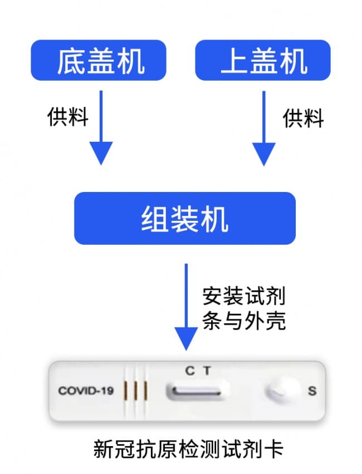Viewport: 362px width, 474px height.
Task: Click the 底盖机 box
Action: [99, 60]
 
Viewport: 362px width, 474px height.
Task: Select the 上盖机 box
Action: [263, 60]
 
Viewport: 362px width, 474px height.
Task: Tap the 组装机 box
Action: [185, 218]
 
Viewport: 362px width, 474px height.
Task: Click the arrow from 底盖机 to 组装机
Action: [101, 127]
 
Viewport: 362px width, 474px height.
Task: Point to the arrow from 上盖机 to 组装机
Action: [264, 128]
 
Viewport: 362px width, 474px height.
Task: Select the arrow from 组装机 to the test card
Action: [186, 307]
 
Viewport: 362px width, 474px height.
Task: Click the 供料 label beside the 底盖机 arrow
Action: [68, 116]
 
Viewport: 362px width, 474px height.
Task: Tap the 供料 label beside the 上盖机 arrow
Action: [304, 118]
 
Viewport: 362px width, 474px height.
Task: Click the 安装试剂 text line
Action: [244, 296]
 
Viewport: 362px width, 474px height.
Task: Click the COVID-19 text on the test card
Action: [86, 391]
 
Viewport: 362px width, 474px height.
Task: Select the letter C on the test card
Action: [190, 371]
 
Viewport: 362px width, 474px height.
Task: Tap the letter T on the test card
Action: [207, 371]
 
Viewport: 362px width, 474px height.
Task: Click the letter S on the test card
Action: [312, 391]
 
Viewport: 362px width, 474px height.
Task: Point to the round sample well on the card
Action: [282, 390]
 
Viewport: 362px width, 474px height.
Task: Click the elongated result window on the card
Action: [197, 391]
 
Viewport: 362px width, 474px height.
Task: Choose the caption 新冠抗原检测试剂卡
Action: [188, 449]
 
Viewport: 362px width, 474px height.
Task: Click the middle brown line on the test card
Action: [135, 391]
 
